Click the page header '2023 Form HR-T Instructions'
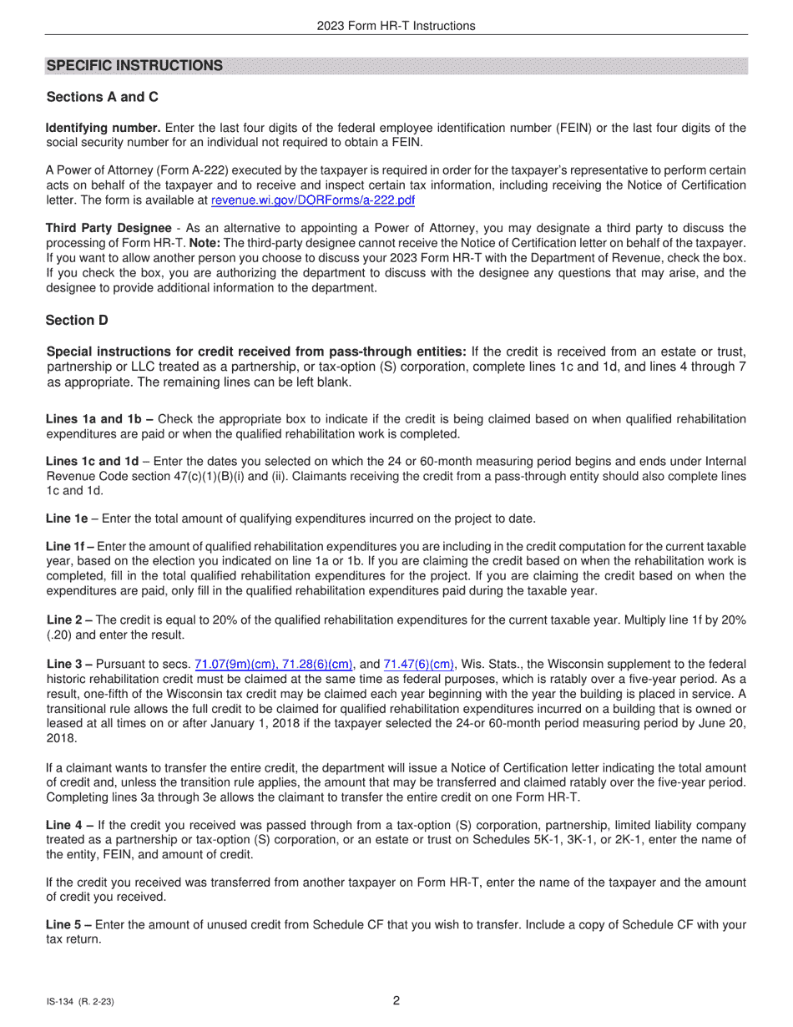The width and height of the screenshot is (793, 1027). point(396,26)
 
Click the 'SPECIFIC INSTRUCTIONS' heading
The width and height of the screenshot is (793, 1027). point(134,66)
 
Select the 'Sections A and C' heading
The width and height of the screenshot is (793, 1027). point(102,97)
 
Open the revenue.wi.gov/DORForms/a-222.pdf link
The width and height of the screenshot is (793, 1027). point(313,200)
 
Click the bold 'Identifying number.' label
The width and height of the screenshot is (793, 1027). point(104,128)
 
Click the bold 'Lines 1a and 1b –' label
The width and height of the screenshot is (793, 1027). point(99,419)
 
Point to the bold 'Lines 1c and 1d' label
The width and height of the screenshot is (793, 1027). point(92,462)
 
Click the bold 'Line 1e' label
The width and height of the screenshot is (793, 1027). point(67,519)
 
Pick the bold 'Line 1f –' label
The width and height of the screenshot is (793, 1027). point(70,546)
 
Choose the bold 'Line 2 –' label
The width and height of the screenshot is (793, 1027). point(70,620)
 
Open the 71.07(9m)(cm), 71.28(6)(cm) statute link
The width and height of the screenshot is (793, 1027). point(274,665)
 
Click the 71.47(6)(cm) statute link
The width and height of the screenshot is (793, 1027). point(419,665)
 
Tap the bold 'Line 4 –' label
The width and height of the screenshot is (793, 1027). point(70,825)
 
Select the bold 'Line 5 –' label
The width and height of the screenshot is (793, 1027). point(70,924)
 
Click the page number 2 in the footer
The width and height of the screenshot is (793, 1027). point(396,1001)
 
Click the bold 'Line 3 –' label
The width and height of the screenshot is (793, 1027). point(70,665)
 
